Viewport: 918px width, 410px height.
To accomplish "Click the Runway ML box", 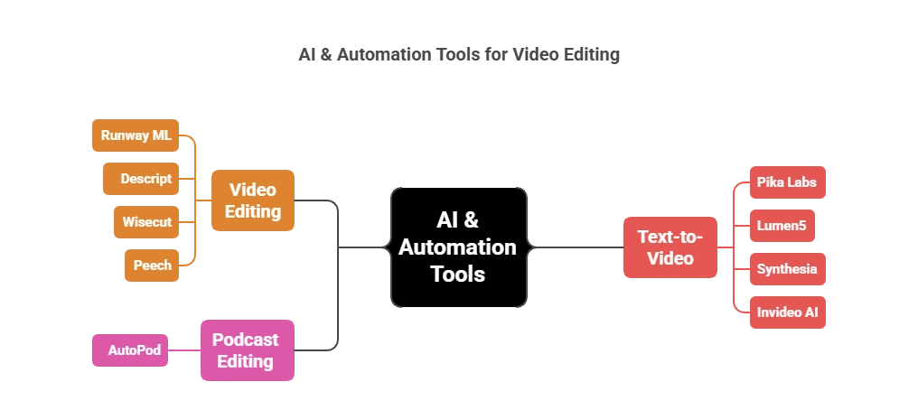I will click(x=136, y=136).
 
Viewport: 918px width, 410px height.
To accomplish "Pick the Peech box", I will click(x=152, y=265).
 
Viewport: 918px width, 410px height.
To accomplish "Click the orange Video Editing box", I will click(x=253, y=200).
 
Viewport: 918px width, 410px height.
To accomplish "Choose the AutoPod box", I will click(x=133, y=350).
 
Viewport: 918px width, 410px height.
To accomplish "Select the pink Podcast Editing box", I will click(x=245, y=350).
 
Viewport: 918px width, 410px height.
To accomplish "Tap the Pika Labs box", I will click(x=786, y=182).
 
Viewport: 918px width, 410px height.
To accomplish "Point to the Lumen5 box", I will click(x=781, y=226).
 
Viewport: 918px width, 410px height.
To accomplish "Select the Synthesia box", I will click(x=786, y=269).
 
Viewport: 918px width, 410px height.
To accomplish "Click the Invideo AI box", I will click(x=786, y=312).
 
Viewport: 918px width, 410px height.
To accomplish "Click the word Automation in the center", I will click(x=458, y=247).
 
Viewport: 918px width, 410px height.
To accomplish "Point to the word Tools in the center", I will click(x=458, y=275).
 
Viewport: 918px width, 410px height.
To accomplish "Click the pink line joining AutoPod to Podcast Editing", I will click(x=186, y=350).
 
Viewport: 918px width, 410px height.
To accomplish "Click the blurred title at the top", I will click(x=459, y=56).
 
